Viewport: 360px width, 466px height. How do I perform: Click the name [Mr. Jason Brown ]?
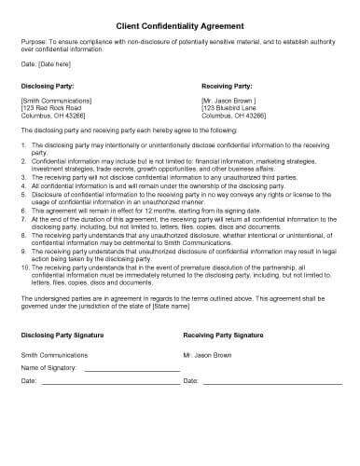tap(228, 98)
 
